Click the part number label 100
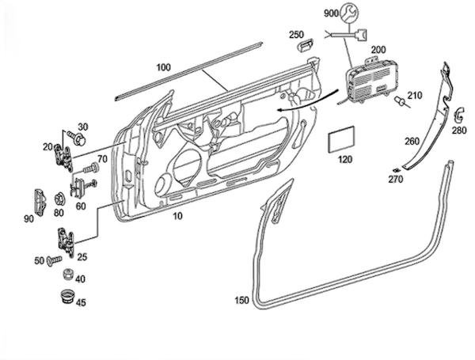pos(163,67)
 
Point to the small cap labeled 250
pos(303,47)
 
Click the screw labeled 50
pos(54,260)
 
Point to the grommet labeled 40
pos(69,277)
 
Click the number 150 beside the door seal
pos(242,301)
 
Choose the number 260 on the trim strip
pos(412,142)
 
